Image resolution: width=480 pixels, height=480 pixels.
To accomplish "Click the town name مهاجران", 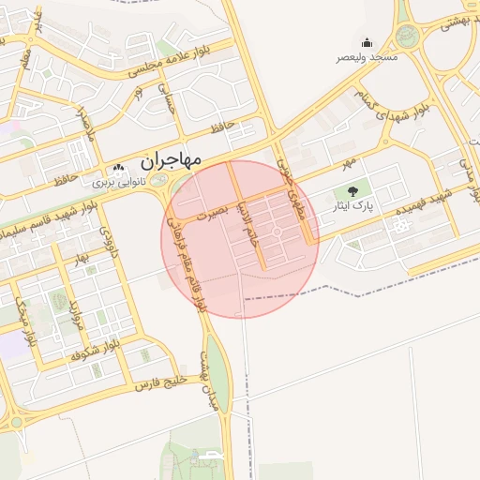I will pos(170,159).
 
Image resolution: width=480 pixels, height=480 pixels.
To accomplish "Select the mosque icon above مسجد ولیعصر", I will pos(367,42).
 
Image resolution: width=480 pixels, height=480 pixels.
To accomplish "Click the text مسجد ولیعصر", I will pos(367,58).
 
